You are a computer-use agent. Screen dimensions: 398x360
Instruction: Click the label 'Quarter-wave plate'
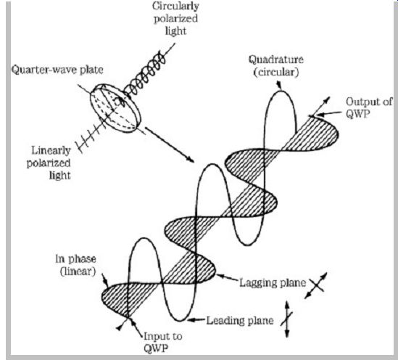(57, 70)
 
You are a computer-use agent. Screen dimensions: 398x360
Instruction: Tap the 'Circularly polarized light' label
(175, 18)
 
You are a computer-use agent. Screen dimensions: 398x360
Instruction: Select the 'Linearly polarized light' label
(49, 163)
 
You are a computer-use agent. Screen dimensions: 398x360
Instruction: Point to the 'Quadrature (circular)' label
(276, 66)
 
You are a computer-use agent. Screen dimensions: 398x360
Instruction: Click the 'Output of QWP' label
(369, 107)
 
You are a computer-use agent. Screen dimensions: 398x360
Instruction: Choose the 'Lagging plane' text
(273, 282)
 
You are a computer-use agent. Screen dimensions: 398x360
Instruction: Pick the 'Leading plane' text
(240, 321)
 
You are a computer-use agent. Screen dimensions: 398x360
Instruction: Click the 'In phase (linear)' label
(75, 265)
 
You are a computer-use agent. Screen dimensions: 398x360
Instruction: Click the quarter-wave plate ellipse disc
(115, 108)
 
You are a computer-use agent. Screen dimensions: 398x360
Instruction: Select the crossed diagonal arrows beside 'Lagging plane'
(315, 285)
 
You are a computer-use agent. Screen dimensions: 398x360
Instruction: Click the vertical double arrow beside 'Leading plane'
(287, 319)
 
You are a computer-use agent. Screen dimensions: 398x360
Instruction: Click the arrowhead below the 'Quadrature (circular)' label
(278, 86)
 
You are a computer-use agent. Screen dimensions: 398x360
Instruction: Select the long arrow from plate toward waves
(170, 144)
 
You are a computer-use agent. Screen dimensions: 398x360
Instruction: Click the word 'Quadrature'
(276, 60)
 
